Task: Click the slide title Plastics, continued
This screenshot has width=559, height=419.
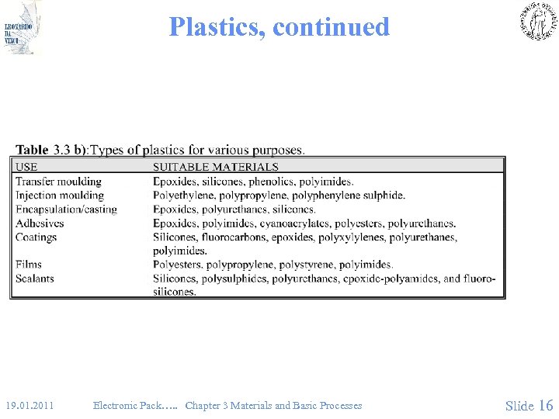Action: [x=279, y=27]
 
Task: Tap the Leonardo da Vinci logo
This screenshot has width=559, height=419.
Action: [x=22, y=28]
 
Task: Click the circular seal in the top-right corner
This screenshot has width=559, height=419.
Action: [x=537, y=21]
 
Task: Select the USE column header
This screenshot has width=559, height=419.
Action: [x=26, y=166]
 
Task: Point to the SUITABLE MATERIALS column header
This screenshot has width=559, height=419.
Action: [x=215, y=166]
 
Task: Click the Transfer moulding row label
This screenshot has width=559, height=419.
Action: [x=58, y=181]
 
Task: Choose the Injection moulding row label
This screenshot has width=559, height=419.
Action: [x=59, y=195]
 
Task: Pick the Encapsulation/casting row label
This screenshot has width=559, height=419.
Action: [x=66, y=209]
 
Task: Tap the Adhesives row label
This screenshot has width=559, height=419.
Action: [x=40, y=223]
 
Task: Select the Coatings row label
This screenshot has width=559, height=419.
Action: [x=36, y=237]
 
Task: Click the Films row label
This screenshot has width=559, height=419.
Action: [x=29, y=265]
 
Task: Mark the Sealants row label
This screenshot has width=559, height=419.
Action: [x=35, y=278]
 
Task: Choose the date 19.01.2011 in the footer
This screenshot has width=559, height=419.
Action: [x=30, y=405]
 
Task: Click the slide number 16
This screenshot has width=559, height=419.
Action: [x=545, y=405]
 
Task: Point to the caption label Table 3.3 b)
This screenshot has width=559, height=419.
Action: [x=51, y=149]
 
